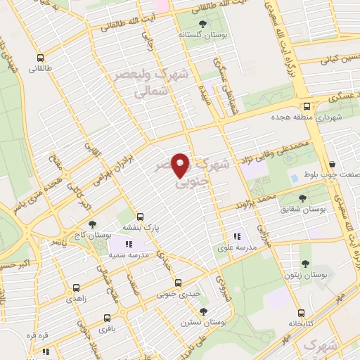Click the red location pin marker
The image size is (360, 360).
[x=181, y=165]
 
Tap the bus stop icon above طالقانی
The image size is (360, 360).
[x=39, y=58]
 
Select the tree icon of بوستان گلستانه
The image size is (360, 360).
[x=203, y=23]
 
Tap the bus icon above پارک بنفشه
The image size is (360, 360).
[x=140, y=217]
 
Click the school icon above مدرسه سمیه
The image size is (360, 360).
[x=128, y=244]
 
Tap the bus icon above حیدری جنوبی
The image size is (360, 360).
[x=177, y=282]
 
